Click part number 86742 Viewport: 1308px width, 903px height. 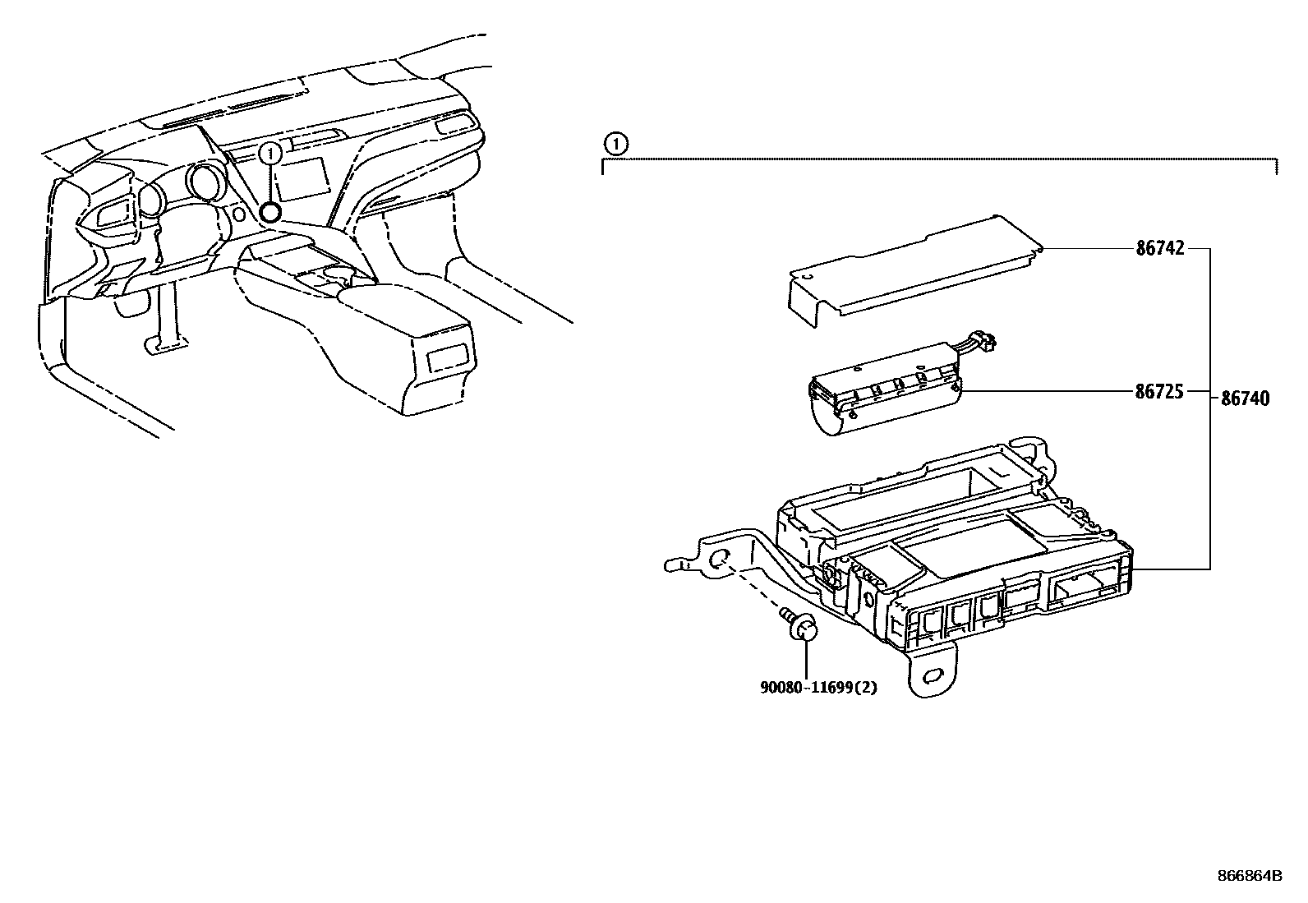(x=1159, y=249)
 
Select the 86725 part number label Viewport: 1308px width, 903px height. (x=1159, y=391)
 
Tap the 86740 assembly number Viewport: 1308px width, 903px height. (x=1245, y=399)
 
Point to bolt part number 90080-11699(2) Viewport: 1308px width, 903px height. (x=818, y=688)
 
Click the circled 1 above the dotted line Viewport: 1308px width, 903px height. (x=616, y=144)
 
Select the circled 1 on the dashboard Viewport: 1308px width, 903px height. (x=269, y=154)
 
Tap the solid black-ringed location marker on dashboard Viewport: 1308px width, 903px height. (x=270, y=211)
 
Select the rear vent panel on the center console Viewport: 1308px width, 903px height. (x=448, y=358)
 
